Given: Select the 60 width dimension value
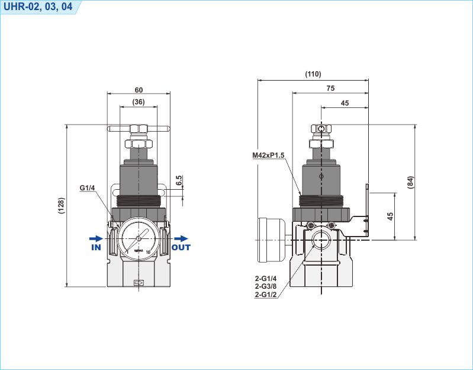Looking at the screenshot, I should [x=139, y=90].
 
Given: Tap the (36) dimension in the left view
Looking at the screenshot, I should [x=139, y=103].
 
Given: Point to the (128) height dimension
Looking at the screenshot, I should [x=61, y=205].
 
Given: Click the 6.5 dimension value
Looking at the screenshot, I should [x=179, y=180].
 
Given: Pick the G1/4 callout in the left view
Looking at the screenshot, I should [x=88, y=189].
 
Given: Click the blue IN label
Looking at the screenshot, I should [x=96, y=247].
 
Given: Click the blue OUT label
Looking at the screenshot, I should [x=181, y=247].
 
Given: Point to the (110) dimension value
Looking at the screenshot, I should [x=313, y=74].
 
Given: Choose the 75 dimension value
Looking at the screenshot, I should [x=330, y=88].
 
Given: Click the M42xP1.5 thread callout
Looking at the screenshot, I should [x=268, y=155].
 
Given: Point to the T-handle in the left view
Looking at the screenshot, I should [x=139, y=129].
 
